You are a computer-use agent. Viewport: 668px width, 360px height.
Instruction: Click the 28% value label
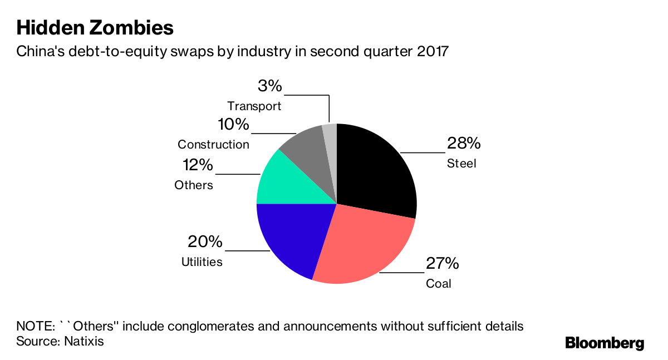pyautogui.click(x=464, y=144)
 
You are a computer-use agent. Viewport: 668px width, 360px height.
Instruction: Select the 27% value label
pyautogui.click(x=443, y=263)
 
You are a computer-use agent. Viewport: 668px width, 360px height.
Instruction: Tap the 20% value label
pyautogui.click(x=205, y=242)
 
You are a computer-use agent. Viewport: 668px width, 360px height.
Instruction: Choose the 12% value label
pyautogui.click(x=198, y=165)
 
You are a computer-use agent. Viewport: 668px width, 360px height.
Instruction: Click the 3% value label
pyautogui.click(x=270, y=86)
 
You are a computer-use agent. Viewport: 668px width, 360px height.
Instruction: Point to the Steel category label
pyautogui.click(x=461, y=164)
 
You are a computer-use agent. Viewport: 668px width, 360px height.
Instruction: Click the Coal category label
pyautogui.click(x=439, y=284)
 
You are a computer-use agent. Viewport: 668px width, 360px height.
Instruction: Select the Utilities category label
pyautogui.click(x=202, y=262)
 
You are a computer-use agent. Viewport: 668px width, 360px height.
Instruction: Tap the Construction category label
pyautogui.click(x=213, y=145)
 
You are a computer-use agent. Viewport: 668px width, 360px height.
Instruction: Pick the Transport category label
pyautogui.click(x=254, y=106)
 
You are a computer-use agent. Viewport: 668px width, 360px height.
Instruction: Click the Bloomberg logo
pyautogui.click(x=605, y=343)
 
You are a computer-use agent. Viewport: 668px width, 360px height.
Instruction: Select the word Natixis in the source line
pyautogui.click(x=83, y=341)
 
